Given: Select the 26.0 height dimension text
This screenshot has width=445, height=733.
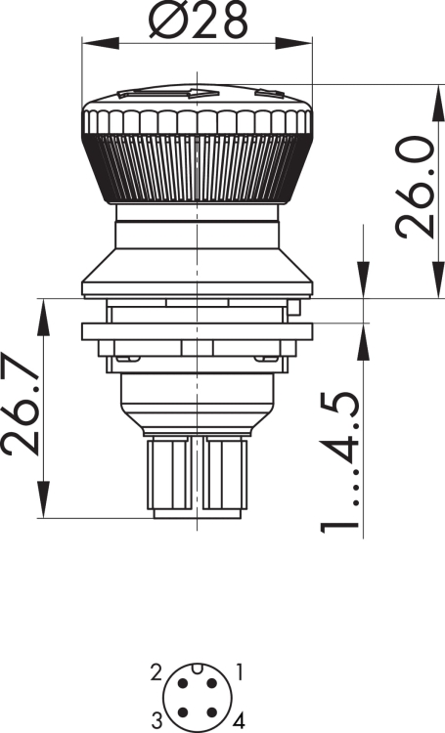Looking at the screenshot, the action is coord(415,187).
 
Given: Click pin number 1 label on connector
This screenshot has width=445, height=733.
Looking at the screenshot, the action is coord(239,673).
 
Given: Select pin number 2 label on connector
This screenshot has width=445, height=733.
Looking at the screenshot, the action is coord(156,673).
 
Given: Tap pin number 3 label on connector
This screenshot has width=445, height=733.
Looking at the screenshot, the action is coord(156,719).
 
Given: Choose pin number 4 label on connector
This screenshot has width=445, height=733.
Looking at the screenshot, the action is coord(239,720).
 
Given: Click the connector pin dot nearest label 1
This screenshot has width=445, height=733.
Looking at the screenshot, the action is coord(212,683).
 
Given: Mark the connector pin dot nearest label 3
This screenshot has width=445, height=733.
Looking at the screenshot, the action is coord(183,712).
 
